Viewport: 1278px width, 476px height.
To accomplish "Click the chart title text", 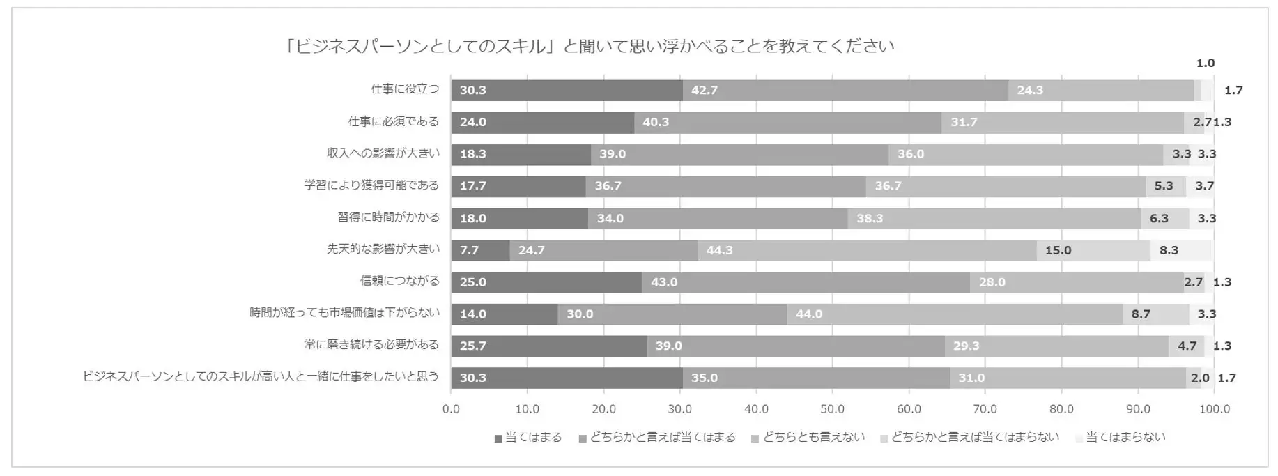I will click(x=590, y=47).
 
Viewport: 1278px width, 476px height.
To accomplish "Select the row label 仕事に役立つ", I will click(x=405, y=89).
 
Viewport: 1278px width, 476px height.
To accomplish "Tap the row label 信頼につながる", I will click(x=399, y=281).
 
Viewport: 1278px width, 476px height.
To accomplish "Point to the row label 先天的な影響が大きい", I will click(x=383, y=249).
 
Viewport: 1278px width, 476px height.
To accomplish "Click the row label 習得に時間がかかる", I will click(x=388, y=217).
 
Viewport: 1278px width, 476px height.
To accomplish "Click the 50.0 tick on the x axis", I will click(x=832, y=409).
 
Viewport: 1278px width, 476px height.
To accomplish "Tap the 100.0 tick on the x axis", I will click(x=1214, y=409).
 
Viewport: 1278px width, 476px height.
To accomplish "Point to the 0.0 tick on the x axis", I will click(x=451, y=409).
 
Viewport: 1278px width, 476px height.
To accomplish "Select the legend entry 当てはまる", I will click(x=528, y=438).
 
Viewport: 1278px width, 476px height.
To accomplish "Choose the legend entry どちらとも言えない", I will click(x=808, y=438).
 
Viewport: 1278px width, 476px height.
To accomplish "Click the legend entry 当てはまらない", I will click(x=1120, y=438).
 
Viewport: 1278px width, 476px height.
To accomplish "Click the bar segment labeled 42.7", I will click(x=845, y=90).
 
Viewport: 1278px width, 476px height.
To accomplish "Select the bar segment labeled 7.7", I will click(x=480, y=250).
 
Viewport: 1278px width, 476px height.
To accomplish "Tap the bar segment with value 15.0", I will click(x=1093, y=250).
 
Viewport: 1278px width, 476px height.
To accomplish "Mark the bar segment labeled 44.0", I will click(x=955, y=314).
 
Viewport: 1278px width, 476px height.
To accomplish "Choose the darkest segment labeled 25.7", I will click(x=548, y=346).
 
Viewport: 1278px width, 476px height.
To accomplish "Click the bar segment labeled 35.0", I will click(x=816, y=378).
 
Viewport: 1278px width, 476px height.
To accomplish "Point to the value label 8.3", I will click(x=1169, y=250).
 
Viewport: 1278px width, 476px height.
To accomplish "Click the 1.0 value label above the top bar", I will click(x=1205, y=63).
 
